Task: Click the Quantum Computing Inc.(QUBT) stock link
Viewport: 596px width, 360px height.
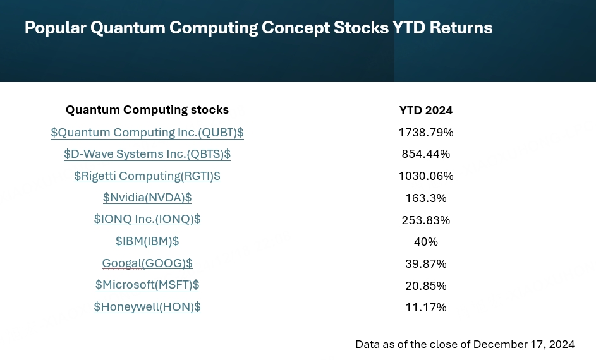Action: (x=147, y=133)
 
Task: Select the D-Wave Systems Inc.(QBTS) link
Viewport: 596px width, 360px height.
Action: (x=147, y=154)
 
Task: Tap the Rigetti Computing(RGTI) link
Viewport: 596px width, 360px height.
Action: (x=147, y=176)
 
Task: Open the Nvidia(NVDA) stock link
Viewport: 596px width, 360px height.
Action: (x=147, y=198)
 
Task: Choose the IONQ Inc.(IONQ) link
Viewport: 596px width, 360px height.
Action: (x=147, y=220)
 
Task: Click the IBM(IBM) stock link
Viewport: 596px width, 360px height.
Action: (x=147, y=241)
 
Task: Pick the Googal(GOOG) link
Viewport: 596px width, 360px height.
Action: (x=147, y=263)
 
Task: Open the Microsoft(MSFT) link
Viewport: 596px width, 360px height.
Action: (x=147, y=285)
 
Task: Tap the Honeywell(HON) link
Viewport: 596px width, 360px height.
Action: (x=147, y=307)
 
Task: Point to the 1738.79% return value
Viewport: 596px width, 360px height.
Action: (x=426, y=133)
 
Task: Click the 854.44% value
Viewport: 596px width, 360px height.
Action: (x=426, y=154)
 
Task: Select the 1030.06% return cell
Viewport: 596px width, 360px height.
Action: (x=426, y=176)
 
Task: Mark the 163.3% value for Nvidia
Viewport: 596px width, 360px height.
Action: (x=426, y=198)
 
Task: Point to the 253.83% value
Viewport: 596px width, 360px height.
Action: (x=426, y=220)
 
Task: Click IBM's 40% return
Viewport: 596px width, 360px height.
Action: (x=426, y=242)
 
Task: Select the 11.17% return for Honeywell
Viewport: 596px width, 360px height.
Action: (x=426, y=308)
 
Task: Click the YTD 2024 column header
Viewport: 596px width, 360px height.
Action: (x=426, y=111)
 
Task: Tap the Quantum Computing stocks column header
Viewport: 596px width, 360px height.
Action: (x=147, y=110)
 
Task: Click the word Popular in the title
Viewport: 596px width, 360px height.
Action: (x=55, y=28)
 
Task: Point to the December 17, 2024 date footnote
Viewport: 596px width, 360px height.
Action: (x=524, y=344)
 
